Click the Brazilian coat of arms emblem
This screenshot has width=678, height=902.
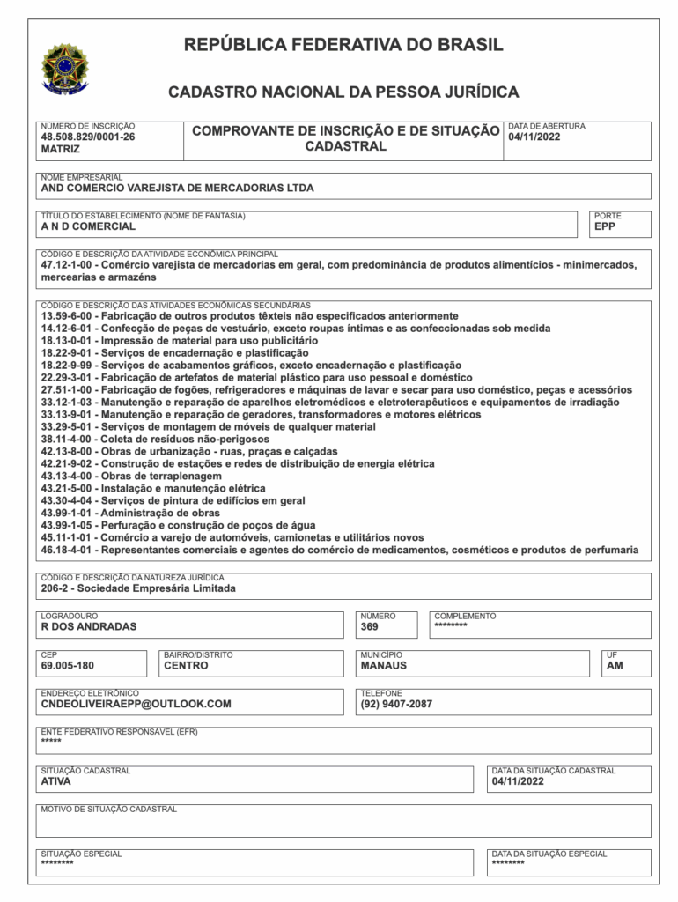[x=65, y=69]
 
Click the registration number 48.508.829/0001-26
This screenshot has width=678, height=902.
[x=88, y=137]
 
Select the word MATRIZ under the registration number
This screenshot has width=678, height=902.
[x=61, y=150]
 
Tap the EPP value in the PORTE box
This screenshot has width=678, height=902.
[x=605, y=225]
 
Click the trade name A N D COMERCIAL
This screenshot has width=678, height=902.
[x=88, y=225]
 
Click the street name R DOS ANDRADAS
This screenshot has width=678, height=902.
[x=89, y=627]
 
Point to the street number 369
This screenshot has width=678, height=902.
[x=369, y=627]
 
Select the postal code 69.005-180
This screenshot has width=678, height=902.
[x=68, y=666]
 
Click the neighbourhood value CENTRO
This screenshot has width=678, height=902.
[x=186, y=666]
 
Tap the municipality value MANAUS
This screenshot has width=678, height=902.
[x=384, y=666]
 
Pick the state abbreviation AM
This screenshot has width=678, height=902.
[x=615, y=666]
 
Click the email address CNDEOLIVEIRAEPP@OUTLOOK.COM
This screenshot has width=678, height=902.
[x=136, y=704]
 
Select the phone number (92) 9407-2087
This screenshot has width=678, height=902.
[x=396, y=704]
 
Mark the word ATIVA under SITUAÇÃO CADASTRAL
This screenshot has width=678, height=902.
[x=56, y=780]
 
